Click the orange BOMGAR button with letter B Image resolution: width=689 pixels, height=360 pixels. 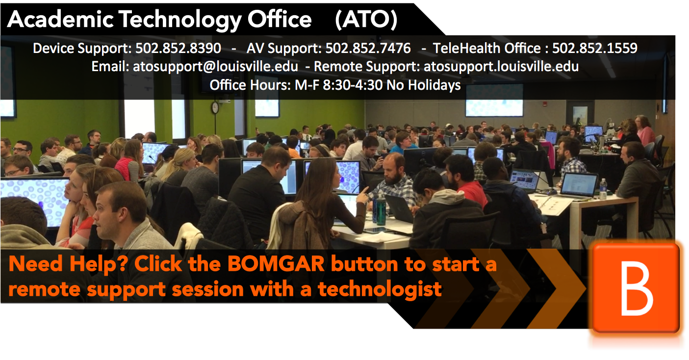click(636, 288)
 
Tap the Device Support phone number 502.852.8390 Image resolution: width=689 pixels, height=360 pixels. click(178, 48)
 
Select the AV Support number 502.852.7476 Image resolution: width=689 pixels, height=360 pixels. click(368, 48)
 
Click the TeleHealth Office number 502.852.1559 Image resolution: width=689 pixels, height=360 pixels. click(594, 48)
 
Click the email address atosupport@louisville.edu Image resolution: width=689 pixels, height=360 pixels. click(215, 67)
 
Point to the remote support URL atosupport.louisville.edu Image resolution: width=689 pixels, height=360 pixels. click(501, 67)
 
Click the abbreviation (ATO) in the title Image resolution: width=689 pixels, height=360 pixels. click(366, 20)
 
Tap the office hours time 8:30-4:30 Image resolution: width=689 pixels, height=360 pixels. click(353, 85)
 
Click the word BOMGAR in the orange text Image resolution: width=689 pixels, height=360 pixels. click(276, 264)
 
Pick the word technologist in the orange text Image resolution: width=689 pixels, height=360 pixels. click(380, 290)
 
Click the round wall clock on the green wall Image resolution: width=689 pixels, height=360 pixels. click(215, 108)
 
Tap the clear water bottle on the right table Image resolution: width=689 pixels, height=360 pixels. click(603, 188)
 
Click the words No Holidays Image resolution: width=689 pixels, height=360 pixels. click(423, 85)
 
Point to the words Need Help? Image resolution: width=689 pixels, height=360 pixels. click(68, 264)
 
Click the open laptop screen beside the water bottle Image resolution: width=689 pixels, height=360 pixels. click(579, 184)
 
